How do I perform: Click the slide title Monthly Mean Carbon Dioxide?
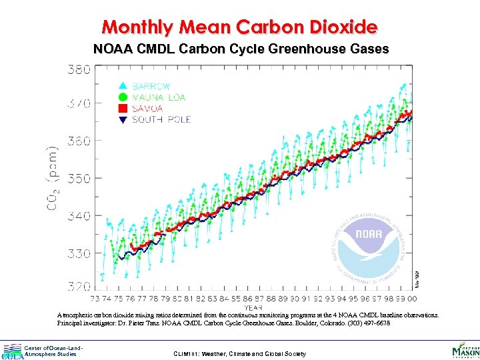240,27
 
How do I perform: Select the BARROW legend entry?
151,86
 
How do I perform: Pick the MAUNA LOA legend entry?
159,97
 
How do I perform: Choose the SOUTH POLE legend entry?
161,119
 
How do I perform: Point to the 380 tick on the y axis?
79,69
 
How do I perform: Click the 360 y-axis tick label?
79,141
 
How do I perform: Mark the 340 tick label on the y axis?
79,216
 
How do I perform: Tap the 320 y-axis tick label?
79,286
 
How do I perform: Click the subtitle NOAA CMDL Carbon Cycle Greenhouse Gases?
240,49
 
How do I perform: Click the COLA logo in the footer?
11,351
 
